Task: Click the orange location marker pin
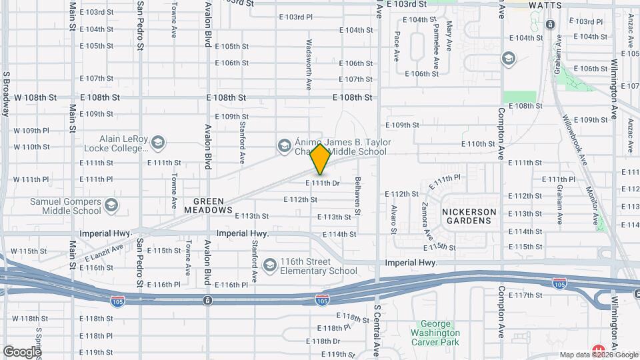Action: point(320,159)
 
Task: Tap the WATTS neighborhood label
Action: point(546,5)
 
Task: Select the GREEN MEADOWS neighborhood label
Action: point(213,205)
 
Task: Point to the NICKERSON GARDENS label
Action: point(470,216)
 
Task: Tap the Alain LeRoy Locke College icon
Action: point(158,143)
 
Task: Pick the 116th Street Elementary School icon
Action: point(269,266)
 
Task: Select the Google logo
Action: point(22,351)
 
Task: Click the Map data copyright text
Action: point(597,355)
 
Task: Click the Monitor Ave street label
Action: point(591,200)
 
